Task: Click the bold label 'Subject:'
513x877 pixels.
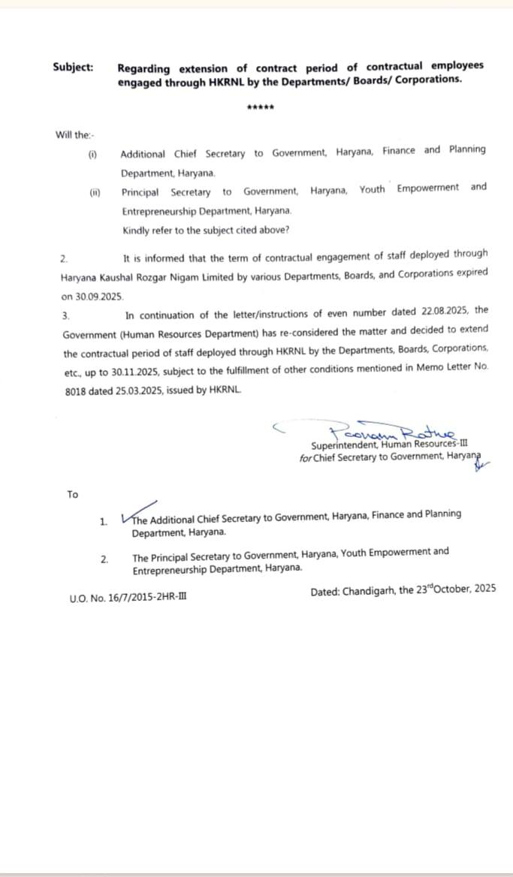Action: pos(73,67)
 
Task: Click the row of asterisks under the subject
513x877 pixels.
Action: pos(261,107)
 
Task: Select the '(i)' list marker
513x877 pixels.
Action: pos(93,154)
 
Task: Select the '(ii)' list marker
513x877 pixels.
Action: pos(95,192)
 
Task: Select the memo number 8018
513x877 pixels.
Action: pos(75,392)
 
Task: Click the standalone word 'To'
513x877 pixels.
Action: pos(72,494)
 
